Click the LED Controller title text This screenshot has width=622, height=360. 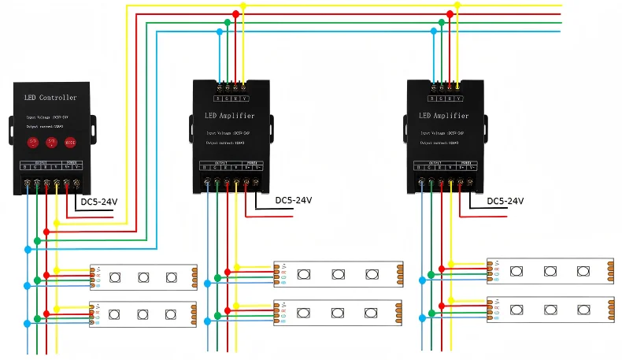pyautogui.click(x=51, y=98)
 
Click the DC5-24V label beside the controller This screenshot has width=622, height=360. pyautogui.click(x=99, y=202)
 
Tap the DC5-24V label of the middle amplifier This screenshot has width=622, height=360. pyautogui.click(x=294, y=200)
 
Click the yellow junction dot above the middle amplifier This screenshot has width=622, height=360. pyautogui.click(x=243, y=6)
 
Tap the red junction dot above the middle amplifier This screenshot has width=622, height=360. pyautogui.click(x=235, y=14)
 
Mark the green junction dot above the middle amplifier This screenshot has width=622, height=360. pyautogui.click(x=227, y=23)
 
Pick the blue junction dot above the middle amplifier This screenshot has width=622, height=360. pyautogui.click(x=219, y=32)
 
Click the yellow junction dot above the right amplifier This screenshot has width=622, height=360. pyautogui.click(x=457, y=6)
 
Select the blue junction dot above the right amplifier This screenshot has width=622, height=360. pyautogui.click(x=433, y=32)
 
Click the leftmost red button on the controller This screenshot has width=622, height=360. pyautogui.click(x=33, y=143)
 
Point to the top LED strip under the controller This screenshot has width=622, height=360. pyautogui.click(x=143, y=276)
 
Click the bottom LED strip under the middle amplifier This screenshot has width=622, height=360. pyautogui.click(x=339, y=313)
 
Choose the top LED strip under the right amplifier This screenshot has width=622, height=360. pyautogui.click(x=550, y=271)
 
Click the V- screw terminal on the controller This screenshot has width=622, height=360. pyautogui.click(x=76, y=184)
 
